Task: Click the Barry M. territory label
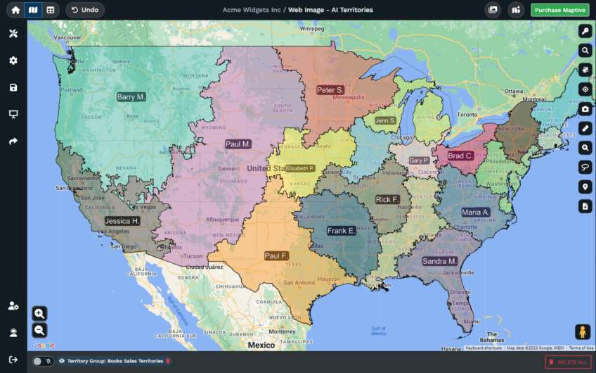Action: point(131,97)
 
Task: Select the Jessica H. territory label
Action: point(122,220)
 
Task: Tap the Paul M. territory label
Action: point(238,144)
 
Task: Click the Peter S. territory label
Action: point(330,90)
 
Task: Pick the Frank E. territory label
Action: point(341,231)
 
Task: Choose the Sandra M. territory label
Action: point(440,261)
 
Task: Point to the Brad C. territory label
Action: point(460,156)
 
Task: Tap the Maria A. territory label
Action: point(476,212)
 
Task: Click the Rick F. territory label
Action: point(387,200)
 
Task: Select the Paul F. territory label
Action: point(276,255)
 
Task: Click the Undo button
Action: point(85,10)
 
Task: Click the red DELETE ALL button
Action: point(567,362)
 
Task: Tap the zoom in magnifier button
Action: point(39,313)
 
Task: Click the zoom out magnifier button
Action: point(39,329)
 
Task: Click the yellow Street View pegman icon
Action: point(582,331)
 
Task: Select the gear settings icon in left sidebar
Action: point(13,61)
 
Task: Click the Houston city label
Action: point(328,279)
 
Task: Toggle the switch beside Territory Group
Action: point(42,361)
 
